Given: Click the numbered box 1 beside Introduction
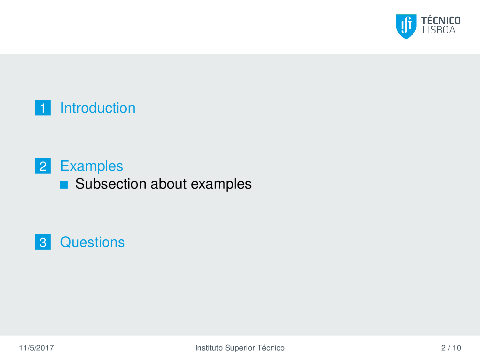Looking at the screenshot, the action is click(x=43, y=108).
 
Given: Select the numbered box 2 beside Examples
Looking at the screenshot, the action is click(x=43, y=166).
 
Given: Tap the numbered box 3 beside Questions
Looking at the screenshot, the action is click(x=43, y=242).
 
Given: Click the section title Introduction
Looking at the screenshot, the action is click(x=98, y=108).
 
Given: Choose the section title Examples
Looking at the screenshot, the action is click(x=92, y=166).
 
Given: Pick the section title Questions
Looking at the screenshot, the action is click(x=92, y=242).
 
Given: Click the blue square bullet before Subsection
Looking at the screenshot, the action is click(x=64, y=185).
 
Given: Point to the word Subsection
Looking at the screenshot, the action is click(x=111, y=184).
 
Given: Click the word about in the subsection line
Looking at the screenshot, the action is click(x=169, y=184).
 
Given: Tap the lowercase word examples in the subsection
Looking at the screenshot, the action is click(x=221, y=184).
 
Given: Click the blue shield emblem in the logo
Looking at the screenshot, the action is click(x=406, y=27).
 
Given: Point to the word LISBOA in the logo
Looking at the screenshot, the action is click(x=439, y=30).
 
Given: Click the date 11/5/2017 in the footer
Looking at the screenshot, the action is click(x=36, y=348).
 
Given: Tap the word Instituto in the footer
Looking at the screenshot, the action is click(x=209, y=348).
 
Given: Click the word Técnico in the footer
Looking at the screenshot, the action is click(x=271, y=348).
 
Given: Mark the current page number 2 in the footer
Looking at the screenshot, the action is click(x=443, y=348).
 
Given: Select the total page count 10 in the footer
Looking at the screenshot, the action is click(x=457, y=348).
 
